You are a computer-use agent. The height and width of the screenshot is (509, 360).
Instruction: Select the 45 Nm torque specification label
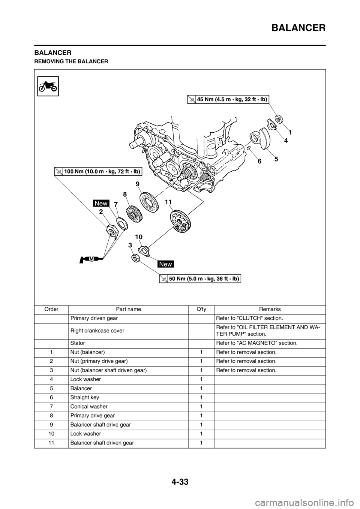228,99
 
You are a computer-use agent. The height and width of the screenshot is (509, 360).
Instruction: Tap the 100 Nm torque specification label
97,172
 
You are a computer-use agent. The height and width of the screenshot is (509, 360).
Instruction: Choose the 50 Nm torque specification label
199,279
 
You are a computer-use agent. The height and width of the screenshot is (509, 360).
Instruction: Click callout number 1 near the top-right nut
290,132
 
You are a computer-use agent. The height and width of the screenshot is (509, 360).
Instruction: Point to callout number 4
286,141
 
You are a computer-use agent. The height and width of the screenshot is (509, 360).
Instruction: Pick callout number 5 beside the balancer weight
276,159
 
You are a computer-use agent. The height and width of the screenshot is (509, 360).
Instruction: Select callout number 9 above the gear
138,184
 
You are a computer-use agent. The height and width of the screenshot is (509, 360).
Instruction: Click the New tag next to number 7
101,203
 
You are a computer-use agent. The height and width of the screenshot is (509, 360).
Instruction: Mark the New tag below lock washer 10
165,264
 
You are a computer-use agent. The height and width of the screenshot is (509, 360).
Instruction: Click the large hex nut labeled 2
111,230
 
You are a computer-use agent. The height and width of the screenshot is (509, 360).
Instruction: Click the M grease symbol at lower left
91,259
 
